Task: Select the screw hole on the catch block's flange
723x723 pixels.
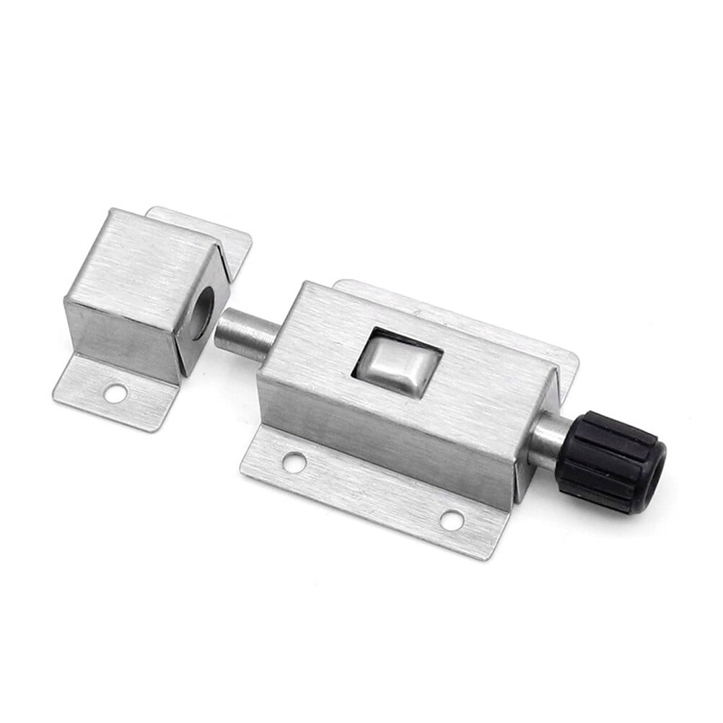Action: (115, 393)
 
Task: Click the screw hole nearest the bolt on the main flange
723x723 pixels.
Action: (293, 462)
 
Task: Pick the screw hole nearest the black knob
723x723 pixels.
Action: (452, 519)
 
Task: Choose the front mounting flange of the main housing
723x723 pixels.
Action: (375, 491)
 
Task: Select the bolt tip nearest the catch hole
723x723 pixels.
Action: (223, 328)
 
